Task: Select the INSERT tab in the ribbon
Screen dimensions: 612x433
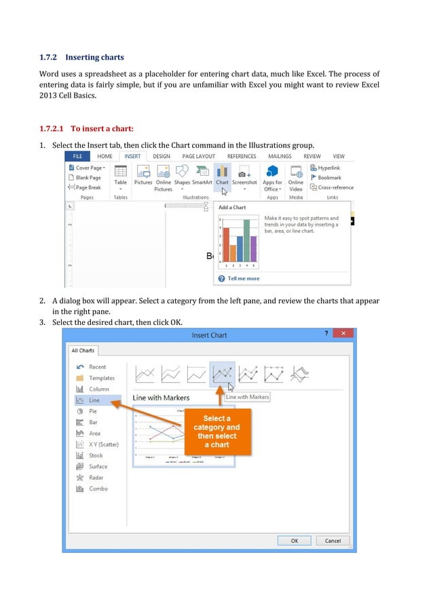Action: [x=132, y=156]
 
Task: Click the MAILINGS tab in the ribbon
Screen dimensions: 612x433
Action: [x=279, y=156]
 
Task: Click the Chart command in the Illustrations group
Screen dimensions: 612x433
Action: [x=222, y=174]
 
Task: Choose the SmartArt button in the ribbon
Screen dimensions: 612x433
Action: [x=202, y=174]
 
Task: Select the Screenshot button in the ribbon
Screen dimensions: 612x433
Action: [x=244, y=174]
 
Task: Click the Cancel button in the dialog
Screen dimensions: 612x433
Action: [x=333, y=541]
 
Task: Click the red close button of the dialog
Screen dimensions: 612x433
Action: [x=343, y=334]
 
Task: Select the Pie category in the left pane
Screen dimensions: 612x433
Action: [x=94, y=411]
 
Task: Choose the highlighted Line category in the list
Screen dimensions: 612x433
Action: [x=94, y=400]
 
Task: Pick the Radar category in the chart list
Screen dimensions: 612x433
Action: [x=96, y=478]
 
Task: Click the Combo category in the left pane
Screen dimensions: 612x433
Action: [x=98, y=489]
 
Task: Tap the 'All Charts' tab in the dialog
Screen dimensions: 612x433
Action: [x=83, y=351]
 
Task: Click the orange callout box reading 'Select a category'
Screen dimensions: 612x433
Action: [x=216, y=432]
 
